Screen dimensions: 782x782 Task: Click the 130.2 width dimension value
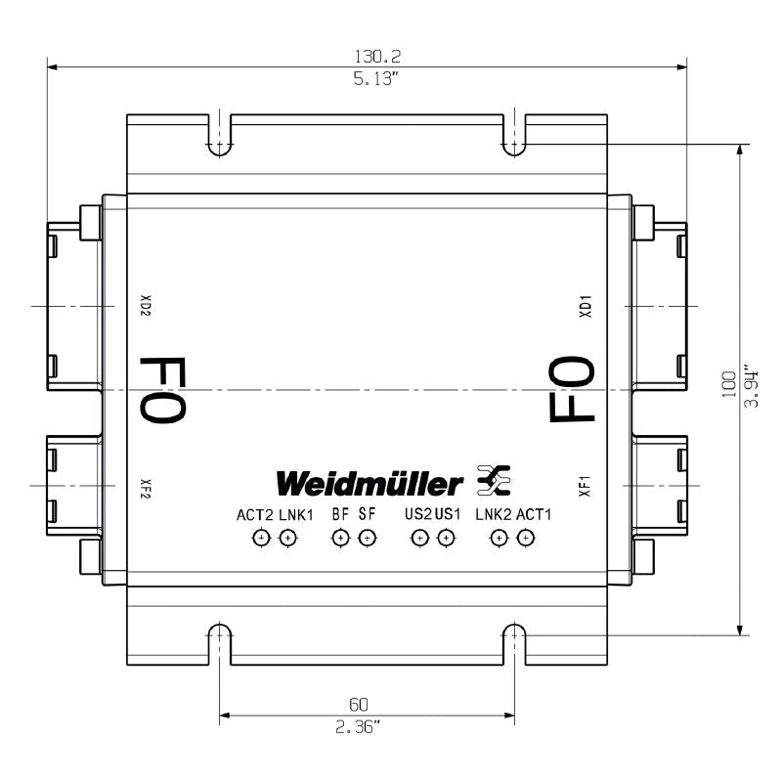(x=368, y=58)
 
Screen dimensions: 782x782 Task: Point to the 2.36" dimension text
(x=366, y=725)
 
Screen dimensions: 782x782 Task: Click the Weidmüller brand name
(x=369, y=483)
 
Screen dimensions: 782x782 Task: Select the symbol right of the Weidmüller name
(x=493, y=480)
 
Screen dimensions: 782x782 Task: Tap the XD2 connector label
(x=145, y=307)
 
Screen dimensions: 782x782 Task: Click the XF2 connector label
(x=145, y=486)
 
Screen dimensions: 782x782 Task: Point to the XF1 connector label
(x=586, y=486)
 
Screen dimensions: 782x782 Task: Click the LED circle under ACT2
(x=261, y=537)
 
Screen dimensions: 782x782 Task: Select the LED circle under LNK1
(x=286, y=537)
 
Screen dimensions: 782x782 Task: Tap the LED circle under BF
(x=340, y=537)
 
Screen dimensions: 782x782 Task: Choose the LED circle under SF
(x=367, y=537)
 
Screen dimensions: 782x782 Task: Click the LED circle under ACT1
(x=526, y=537)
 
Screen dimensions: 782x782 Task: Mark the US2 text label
(x=417, y=514)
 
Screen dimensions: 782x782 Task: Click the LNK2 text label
(x=494, y=514)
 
